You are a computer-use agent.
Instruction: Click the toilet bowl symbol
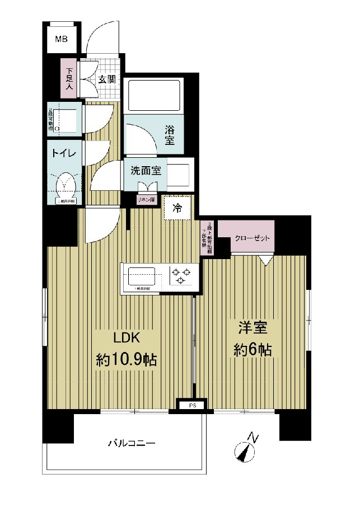[x=67, y=182]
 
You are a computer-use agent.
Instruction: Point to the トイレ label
[x=64, y=152]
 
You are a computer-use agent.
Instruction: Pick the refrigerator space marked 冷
[x=177, y=209]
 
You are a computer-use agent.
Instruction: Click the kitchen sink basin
[x=142, y=276]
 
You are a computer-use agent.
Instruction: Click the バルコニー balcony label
[x=132, y=443]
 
